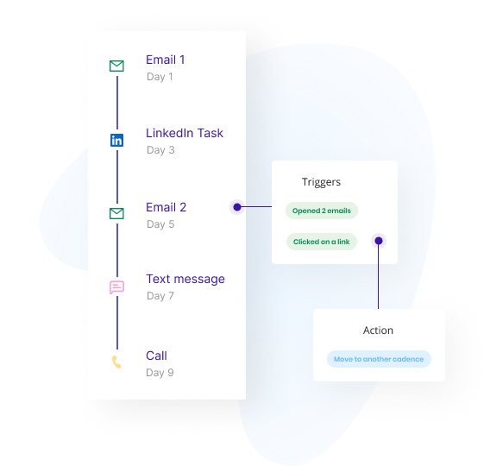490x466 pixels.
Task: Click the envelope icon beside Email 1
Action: coord(116,66)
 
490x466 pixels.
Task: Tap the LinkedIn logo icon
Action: coord(116,141)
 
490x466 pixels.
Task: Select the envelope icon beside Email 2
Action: coord(116,213)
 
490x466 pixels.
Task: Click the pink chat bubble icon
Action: coord(116,287)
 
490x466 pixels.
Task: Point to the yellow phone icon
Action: coord(116,362)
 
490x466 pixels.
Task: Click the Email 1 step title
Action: coord(166,60)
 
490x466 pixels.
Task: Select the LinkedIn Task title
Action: coord(185,133)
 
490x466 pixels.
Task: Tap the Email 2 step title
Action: coord(166,207)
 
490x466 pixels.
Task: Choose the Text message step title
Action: coord(185,279)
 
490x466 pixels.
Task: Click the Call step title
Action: coord(156,356)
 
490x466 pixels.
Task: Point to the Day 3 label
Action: coord(160,150)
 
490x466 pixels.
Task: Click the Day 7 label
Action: coord(160,296)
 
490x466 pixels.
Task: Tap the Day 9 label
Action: coord(160,373)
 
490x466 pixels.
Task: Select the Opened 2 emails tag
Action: coord(322,211)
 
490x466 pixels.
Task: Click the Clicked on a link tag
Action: coord(322,242)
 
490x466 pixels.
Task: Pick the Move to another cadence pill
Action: coord(379,359)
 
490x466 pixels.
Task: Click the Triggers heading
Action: coord(321,182)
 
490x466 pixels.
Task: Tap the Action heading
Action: coord(378,331)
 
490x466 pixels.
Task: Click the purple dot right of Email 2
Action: coord(237,207)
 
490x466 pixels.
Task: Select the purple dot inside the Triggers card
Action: coord(379,241)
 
